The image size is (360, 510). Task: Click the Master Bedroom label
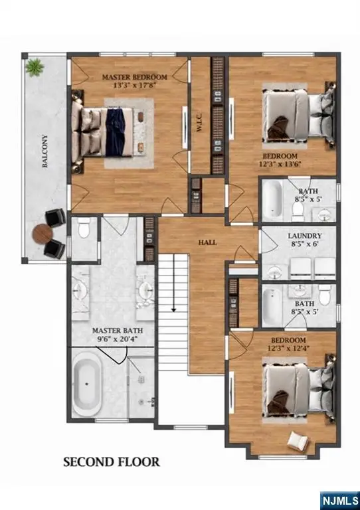point(135,77)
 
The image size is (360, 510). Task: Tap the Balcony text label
point(45,151)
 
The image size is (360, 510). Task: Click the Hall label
point(207,242)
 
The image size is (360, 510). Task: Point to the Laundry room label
point(305,236)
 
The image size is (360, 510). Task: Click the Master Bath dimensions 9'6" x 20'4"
point(117,339)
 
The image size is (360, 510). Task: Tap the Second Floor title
point(112,462)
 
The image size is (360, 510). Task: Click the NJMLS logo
point(339,500)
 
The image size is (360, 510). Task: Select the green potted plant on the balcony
point(35,67)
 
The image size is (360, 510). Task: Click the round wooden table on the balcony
point(43,234)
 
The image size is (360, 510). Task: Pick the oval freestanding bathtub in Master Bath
point(87,384)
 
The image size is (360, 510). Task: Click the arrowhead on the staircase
point(173,309)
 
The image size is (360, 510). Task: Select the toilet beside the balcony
point(84,227)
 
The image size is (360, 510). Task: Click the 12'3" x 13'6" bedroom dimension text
point(280,164)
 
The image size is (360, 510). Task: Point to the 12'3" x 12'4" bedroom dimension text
point(288,348)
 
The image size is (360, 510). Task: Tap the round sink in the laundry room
point(276,271)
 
